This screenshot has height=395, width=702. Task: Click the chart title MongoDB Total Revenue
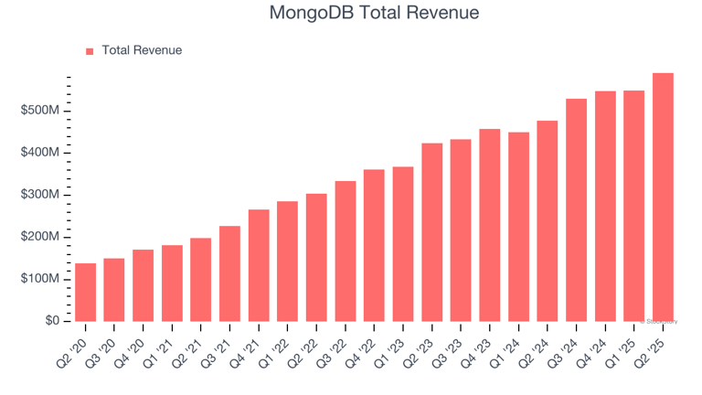pos(374,14)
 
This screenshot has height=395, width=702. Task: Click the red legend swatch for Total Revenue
pos(90,51)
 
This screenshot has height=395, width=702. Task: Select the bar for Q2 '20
pos(85,292)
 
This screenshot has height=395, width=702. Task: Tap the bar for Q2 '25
pos(663,197)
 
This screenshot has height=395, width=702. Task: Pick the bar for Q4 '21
pos(259,265)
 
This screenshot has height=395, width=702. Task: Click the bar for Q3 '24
pos(576,209)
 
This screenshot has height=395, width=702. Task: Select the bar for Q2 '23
pos(431,232)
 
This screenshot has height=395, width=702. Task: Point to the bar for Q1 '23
pos(403,243)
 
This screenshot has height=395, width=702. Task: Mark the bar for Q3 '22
pos(346,251)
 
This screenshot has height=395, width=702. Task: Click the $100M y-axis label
pos(41,279)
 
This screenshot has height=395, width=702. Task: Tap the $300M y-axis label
pos(41,195)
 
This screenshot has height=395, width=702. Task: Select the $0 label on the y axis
pos(51,321)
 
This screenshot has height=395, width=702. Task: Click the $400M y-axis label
pos(41,153)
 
